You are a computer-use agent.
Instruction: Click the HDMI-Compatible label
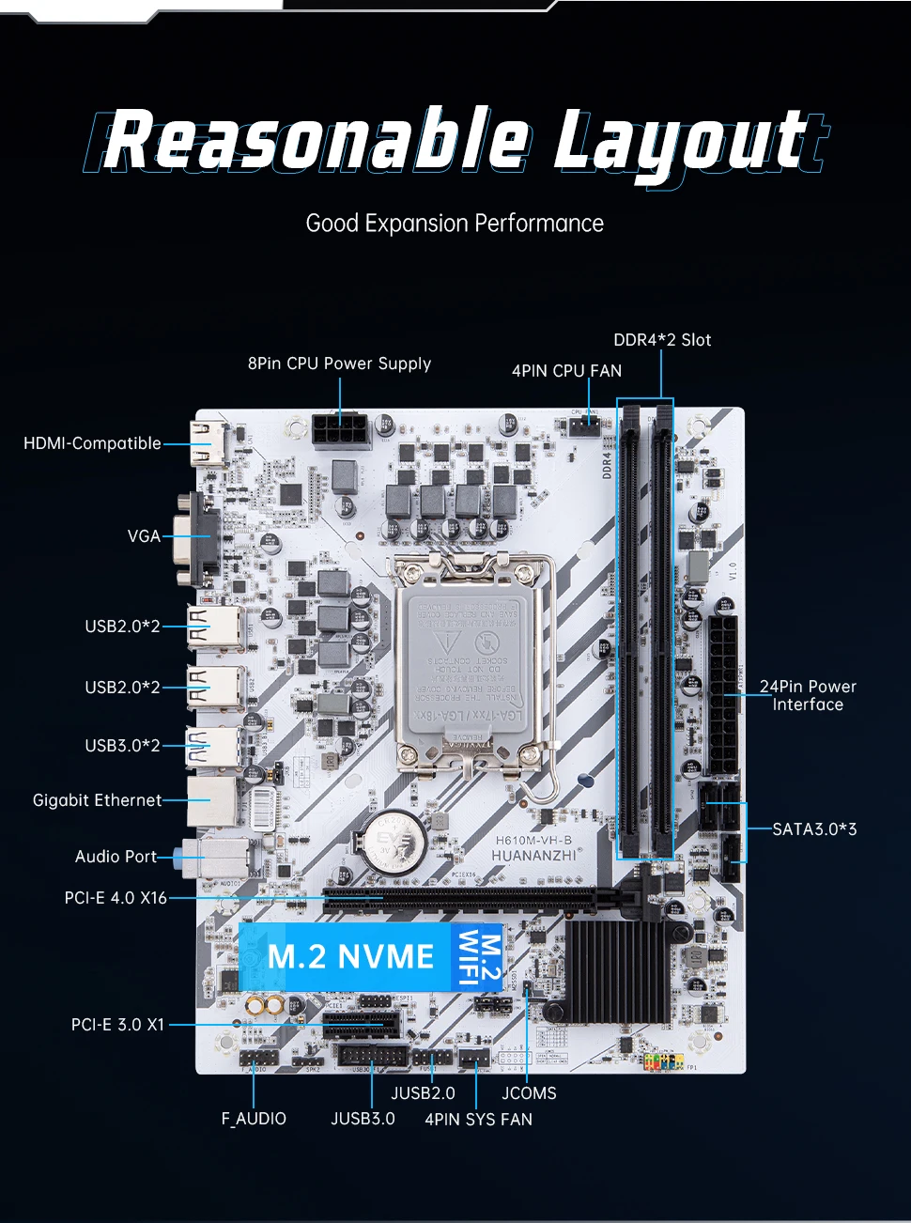(x=92, y=443)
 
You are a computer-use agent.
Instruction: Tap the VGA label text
(x=144, y=536)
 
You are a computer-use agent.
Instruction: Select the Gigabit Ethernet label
(x=97, y=800)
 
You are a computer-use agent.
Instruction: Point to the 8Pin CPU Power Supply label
(x=339, y=364)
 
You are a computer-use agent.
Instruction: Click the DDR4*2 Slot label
(x=662, y=340)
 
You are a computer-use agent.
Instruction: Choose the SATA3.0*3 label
(x=814, y=829)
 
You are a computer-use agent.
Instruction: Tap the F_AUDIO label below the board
(x=254, y=1119)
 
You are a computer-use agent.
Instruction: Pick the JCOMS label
(x=529, y=1093)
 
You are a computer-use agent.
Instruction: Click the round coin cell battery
(x=389, y=840)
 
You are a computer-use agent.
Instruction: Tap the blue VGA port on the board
(x=197, y=537)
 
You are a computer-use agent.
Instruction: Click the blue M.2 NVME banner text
(x=350, y=957)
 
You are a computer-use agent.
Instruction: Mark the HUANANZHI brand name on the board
(x=533, y=856)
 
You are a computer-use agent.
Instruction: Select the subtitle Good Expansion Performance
(x=455, y=224)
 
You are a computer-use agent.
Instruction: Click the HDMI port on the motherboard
(x=208, y=443)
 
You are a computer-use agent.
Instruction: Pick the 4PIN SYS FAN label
(x=478, y=1120)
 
